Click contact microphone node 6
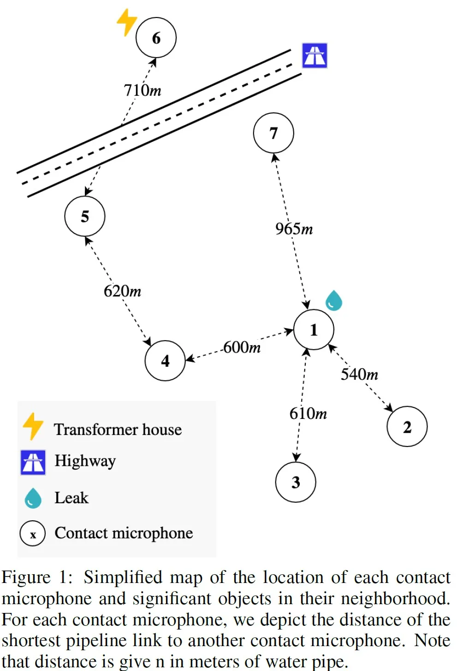[x=156, y=38]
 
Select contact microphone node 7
[x=273, y=133]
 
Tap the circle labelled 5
[x=85, y=216]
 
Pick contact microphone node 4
[x=165, y=360]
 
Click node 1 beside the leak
[x=314, y=330]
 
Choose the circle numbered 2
[x=407, y=427]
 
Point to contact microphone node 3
[x=296, y=482]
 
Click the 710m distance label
[x=142, y=90]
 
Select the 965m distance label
[x=294, y=229]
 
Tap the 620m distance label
[x=122, y=291]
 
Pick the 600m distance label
[x=242, y=347]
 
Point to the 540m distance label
[x=360, y=374]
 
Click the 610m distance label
[x=308, y=413]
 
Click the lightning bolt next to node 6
[x=126, y=21]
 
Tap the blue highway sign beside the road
[x=315, y=56]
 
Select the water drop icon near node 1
[x=333, y=300]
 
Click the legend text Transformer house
[x=118, y=430]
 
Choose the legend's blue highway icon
[x=33, y=462]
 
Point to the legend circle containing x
[x=33, y=534]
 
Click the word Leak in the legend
[x=71, y=498]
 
